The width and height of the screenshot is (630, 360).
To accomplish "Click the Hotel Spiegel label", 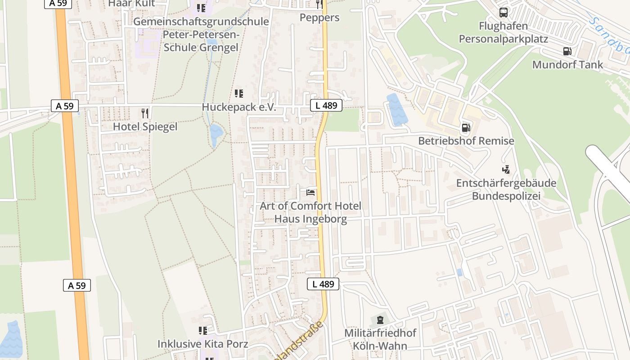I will tap(145, 126).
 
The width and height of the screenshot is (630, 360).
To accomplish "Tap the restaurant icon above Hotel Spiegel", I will tap(144, 113).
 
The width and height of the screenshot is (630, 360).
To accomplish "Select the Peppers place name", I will tap(319, 18).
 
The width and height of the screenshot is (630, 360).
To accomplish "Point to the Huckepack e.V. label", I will tap(238, 107).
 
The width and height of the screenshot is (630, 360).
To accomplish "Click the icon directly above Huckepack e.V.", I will tap(238, 94).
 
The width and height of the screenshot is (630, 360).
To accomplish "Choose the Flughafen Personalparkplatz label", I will tap(503, 32).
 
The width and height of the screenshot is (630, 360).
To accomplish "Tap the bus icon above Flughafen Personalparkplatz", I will tap(503, 13).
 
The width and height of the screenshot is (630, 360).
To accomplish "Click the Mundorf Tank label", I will tap(567, 64).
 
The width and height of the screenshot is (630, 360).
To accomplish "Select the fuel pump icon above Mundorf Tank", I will tap(567, 51).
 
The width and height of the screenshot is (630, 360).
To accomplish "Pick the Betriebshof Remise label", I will tap(466, 141).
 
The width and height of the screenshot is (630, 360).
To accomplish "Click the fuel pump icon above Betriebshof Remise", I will tap(466, 128).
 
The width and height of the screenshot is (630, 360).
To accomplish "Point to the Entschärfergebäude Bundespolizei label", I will tap(506, 189).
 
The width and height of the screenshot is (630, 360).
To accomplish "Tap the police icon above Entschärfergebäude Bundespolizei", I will tap(506, 170).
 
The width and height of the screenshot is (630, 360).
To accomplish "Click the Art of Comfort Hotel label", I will tap(310, 206).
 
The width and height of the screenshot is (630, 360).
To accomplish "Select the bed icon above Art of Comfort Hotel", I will tap(310, 193).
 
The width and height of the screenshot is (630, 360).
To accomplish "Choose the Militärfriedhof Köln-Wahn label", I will tap(380, 339).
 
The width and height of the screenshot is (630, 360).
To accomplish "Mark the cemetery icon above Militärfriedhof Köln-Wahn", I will tap(380, 320).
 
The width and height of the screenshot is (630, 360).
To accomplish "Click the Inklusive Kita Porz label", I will tap(202, 344).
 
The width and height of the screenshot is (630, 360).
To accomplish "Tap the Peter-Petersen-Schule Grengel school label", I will tap(201, 35).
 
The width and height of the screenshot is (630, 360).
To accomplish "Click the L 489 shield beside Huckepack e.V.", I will tap(326, 106).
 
